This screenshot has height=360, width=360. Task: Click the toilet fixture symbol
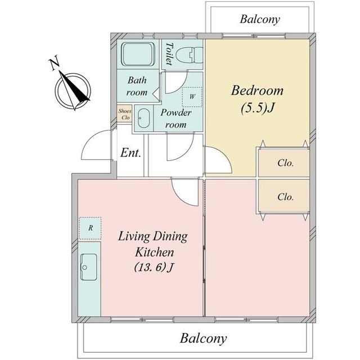pyautogui.click(x=190, y=55)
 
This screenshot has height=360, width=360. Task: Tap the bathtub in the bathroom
pyautogui.click(x=138, y=55)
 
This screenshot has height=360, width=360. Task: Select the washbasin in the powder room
pyautogui.click(x=144, y=118)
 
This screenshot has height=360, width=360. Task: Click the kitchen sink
pyautogui.click(x=89, y=267)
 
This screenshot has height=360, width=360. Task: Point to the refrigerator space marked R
pyautogui.click(x=90, y=228)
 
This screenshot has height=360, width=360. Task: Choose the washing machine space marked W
pyautogui.click(x=192, y=97)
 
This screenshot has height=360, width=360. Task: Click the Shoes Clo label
pyautogui.click(x=125, y=114)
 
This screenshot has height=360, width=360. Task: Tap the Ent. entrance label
pyautogui.click(x=130, y=152)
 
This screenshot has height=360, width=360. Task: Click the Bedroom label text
pyautogui.click(x=257, y=90)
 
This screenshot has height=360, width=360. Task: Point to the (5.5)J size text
pyautogui.click(x=257, y=107)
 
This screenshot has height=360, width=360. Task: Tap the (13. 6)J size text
pyautogui.click(x=154, y=267)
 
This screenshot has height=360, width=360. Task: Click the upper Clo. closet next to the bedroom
pyautogui.click(x=284, y=163)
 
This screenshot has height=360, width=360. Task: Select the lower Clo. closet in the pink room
pyautogui.click(x=284, y=197)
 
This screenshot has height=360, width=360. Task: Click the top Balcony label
pyautogui.click(x=260, y=19)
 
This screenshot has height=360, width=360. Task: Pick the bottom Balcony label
pyautogui.click(x=204, y=338)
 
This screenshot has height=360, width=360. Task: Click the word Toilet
pyautogui.click(x=169, y=53)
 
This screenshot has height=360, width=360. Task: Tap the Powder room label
pyautogui.click(x=176, y=119)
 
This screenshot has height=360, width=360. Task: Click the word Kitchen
pyautogui.click(x=154, y=252)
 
